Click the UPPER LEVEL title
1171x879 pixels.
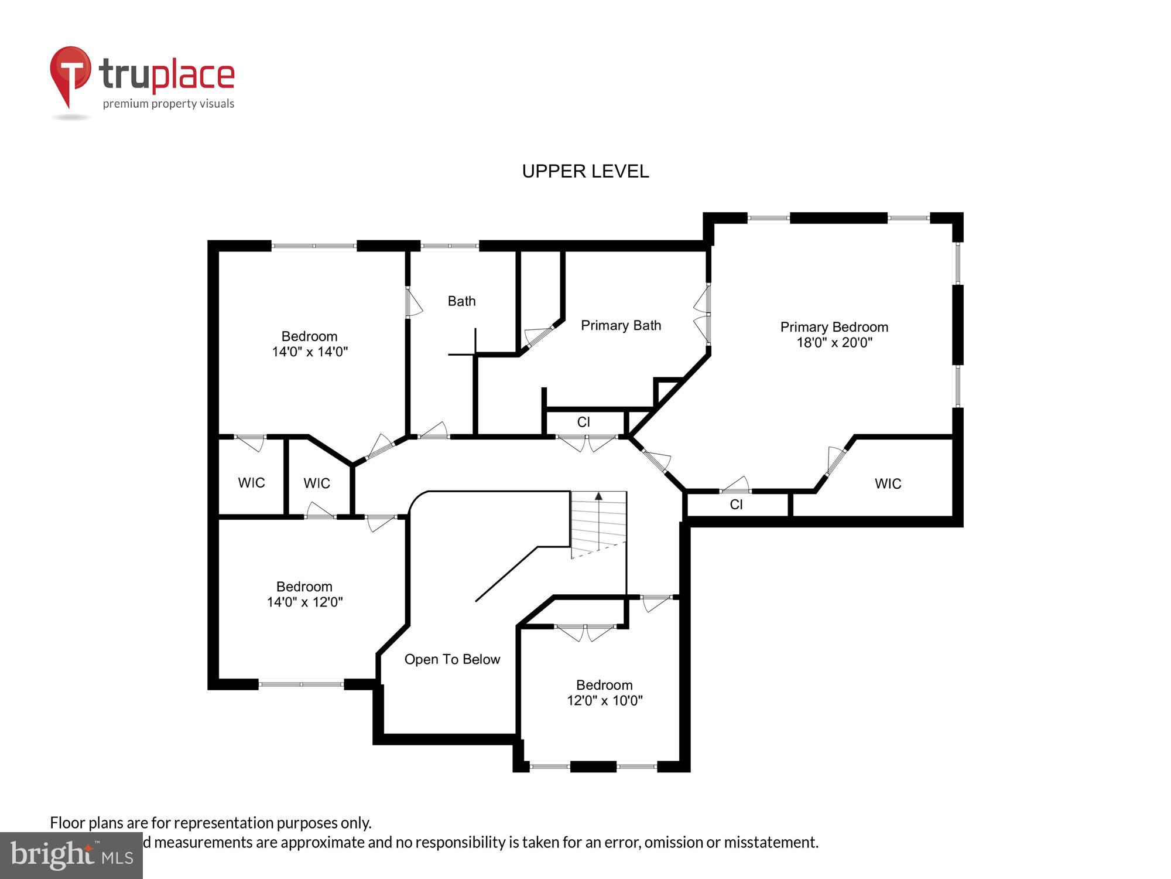pos(585,171)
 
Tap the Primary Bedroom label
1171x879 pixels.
pos(834,327)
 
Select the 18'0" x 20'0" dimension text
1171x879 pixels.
pos(834,343)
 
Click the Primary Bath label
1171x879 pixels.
pos(621,325)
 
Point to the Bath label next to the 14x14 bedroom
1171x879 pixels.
pos(461,301)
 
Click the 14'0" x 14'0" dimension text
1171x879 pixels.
pos(310,352)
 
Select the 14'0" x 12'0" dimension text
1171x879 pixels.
pos(304,602)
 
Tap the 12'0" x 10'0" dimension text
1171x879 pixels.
pos(604,700)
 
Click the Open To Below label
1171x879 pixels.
pos(452,659)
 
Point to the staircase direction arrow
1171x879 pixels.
pos(598,496)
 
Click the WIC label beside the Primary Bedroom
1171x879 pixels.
pos(888,483)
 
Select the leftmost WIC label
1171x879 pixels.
pos(251,482)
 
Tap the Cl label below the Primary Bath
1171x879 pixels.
pos(583,422)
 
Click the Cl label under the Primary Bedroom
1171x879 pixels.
pos(736,505)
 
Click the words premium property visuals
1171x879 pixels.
pos(169,104)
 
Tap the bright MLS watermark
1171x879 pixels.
pos(71,856)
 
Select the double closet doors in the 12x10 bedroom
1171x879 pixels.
pos(585,632)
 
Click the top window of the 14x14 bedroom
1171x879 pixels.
pos(314,246)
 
